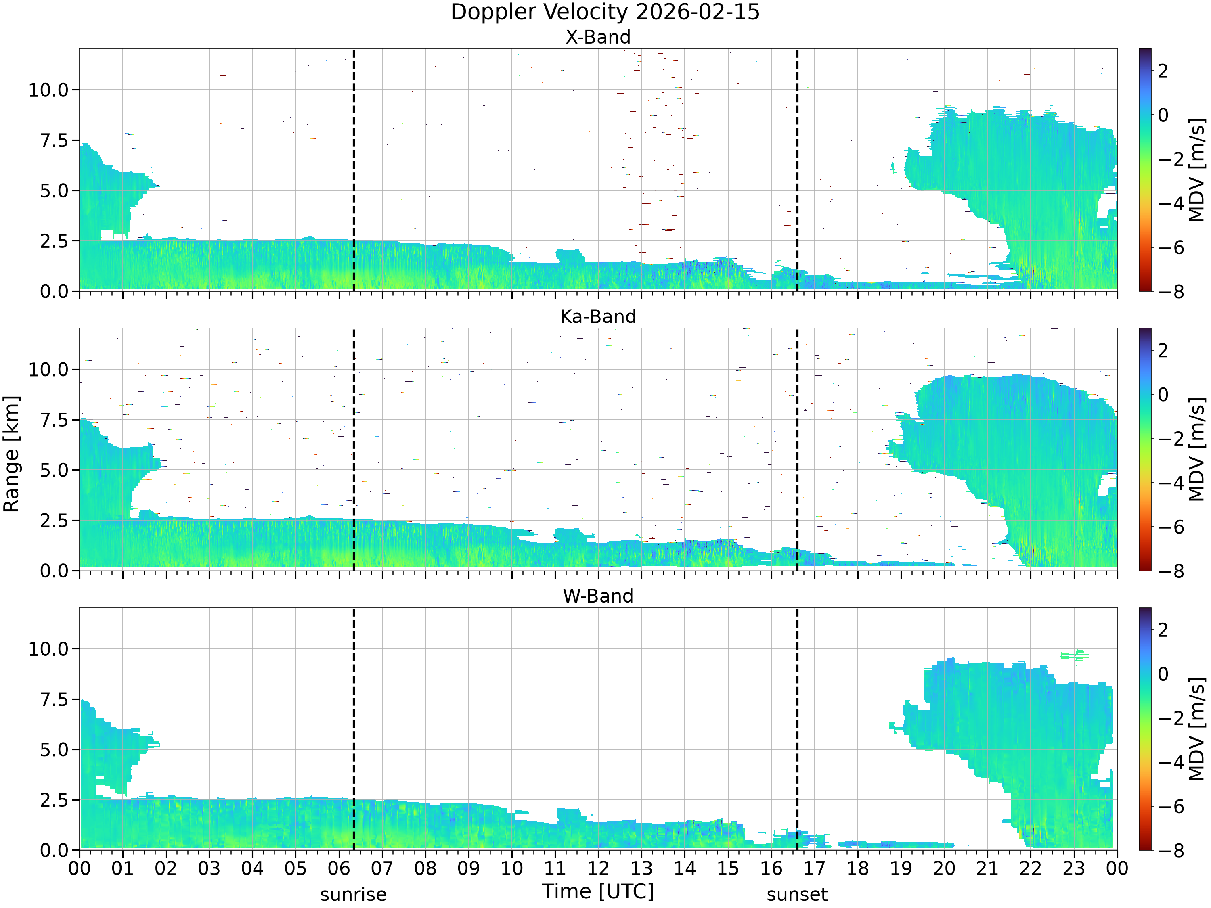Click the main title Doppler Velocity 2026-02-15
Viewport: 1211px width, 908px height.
(x=605, y=12)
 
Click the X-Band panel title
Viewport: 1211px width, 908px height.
(x=598, y=37)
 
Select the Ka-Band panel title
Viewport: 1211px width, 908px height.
(x=598, y=316)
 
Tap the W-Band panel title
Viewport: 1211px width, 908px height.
(x=598, y=596)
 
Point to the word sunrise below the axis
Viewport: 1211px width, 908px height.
(x=353, y=894)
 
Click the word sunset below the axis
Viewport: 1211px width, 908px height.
(x=797, y=894)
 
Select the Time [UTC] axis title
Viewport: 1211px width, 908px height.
(x=598, y=891)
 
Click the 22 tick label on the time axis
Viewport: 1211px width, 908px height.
(x=1030, y=868)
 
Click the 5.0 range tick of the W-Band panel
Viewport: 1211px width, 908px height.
(x=55, y=750)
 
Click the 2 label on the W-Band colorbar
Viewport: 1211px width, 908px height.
(x=1163, y=630)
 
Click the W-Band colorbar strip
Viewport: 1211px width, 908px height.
(x=1145, y=728)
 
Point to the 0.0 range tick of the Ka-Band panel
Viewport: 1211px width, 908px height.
(x=55, y=571)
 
